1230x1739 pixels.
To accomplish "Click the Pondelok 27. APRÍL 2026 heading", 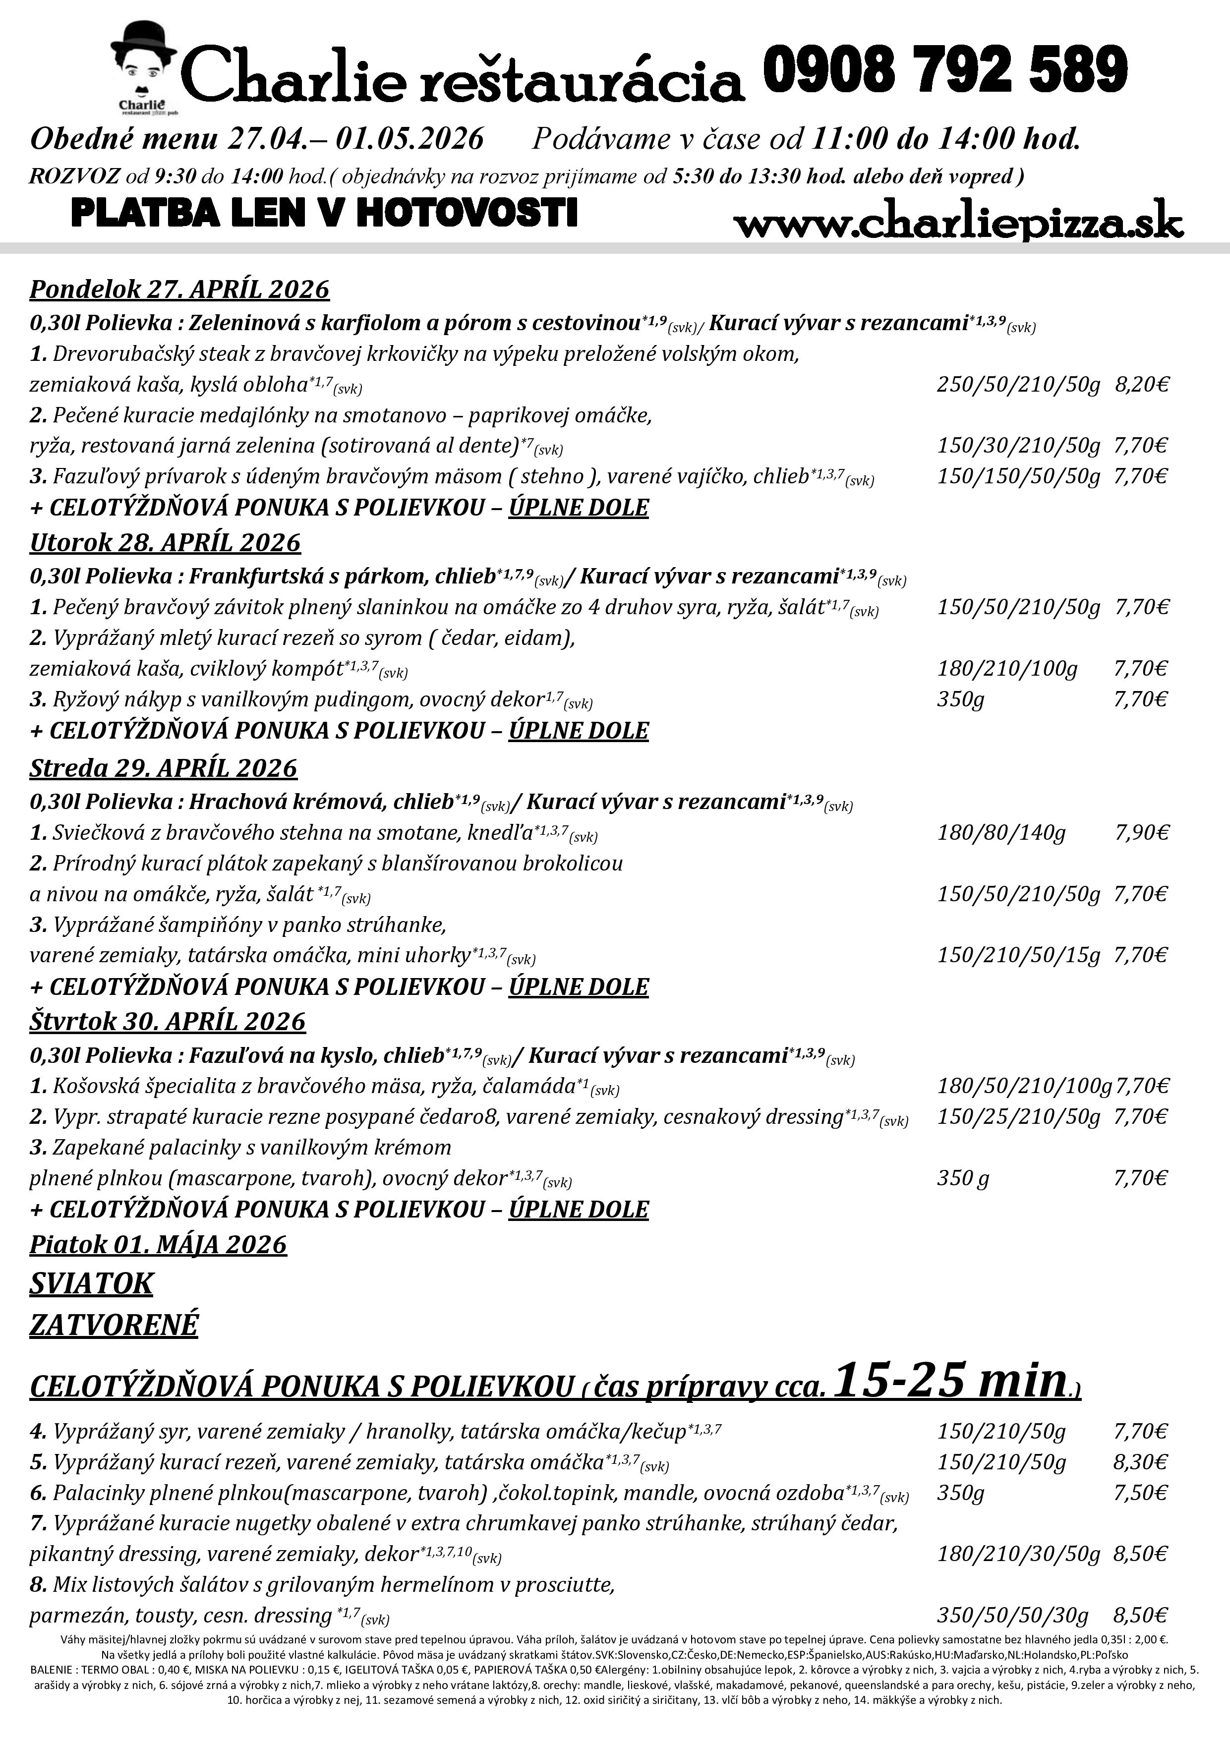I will click(179, 290).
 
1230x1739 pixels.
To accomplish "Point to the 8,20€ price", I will click(1141, 385).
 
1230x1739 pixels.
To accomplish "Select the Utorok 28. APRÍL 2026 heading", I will click(165, 542).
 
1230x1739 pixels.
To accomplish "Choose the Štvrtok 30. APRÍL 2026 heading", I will click(168, 1021).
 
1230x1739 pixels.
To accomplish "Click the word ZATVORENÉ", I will click(114, 1325).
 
